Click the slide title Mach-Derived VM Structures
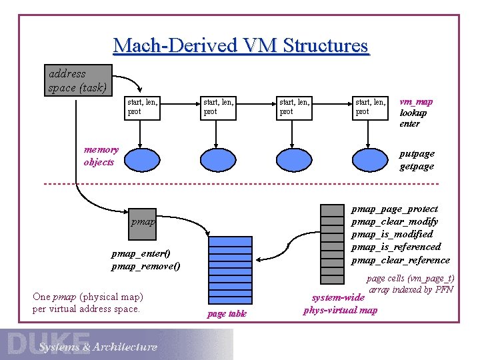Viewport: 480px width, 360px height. coord(240,46)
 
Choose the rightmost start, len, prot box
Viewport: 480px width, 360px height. coord(369,107)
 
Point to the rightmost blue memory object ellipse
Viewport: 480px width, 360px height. coord(369,161)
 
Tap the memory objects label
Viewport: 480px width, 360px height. coord(101,156)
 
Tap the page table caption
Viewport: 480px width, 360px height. coord(227,314)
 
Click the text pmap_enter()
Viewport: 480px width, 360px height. coord(141,253)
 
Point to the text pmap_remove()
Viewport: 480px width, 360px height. coord(145,266)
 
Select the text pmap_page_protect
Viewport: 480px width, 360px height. coord(394,209)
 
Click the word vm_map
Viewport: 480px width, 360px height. coord(416,101)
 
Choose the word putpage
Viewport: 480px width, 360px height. coord(417,153)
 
